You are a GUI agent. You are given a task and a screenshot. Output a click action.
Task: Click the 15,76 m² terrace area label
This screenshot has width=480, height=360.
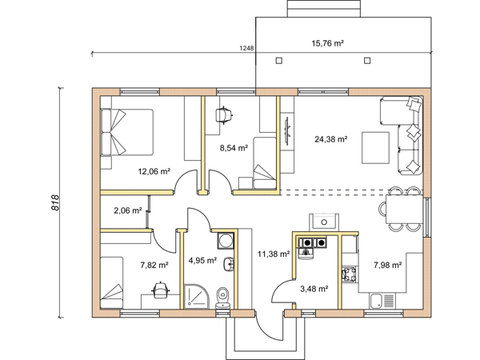tap(327, 43)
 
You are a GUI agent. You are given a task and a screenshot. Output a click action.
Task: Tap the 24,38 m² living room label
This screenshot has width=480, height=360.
tap(330, 139)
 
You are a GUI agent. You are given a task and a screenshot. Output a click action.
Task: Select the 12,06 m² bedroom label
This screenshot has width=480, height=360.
tap(154, 171)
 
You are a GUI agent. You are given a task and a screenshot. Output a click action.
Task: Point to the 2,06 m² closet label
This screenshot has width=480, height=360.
tap(128, 210)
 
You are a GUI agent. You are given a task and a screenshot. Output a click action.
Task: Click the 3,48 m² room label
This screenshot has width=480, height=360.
tap(314, 289)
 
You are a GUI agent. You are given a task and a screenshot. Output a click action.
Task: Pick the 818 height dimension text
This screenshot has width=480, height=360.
tap(55, 202)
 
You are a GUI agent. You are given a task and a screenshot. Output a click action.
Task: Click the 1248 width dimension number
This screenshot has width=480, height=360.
tap(246, 48)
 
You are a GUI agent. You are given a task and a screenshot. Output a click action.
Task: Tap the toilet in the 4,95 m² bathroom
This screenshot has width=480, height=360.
tap(222, 298)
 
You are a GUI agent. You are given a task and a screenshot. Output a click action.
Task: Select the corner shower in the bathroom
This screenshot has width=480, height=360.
tap(197, 296)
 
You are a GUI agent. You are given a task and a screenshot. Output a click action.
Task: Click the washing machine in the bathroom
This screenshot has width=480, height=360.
tap(226, 240)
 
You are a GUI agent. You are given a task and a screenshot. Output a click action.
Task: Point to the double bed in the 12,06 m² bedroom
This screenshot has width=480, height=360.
tap(127, 132)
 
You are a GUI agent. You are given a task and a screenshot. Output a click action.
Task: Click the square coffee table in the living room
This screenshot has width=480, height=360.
tap(376, 148)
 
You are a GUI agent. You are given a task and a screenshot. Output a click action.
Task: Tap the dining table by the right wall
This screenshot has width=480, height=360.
tap(404, 209)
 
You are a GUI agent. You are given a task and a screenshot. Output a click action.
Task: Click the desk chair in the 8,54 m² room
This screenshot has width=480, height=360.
tap(224, 115)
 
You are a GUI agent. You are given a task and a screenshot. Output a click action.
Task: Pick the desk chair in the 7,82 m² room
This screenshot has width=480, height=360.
tap(160, 290)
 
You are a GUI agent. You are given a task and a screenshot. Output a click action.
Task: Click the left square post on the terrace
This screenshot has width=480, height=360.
tap(279, 61)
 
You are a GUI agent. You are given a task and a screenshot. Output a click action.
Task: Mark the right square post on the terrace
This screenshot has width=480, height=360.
tap(367, 61)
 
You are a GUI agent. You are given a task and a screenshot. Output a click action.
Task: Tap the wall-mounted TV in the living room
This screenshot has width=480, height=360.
tap(287, 130)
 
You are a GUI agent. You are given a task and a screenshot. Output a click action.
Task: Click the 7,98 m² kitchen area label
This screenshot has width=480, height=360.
tap(387, 265)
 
